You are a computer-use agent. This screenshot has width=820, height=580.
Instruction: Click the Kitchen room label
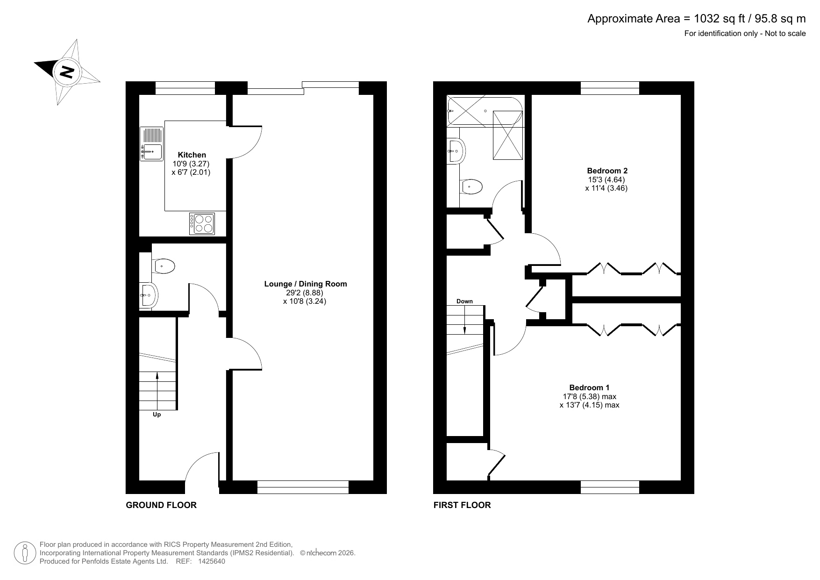(x=192, y=155)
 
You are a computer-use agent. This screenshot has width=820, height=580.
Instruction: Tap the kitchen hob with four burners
(x=202, y=223)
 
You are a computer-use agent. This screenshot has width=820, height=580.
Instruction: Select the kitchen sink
(x=152, y=144)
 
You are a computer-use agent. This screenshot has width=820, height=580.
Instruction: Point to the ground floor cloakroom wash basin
(x=149, y=295)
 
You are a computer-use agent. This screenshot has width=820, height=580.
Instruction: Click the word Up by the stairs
(x=157, y=415)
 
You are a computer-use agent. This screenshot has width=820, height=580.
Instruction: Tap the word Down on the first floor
(x=464, y=301)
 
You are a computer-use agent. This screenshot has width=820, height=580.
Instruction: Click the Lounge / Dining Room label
(x=306, y=284)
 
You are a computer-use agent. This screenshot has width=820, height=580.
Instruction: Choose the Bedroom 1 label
(x=589, y=387)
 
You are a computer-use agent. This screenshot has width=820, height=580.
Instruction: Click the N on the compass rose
(x=67, y=72)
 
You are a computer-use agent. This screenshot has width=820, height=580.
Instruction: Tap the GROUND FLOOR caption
(x=161, y=505)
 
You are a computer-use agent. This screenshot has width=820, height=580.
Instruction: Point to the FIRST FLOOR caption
(x=462, y=505)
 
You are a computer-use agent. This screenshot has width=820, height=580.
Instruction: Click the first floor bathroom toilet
(x=471, y=186)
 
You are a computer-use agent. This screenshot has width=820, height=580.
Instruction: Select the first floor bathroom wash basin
(x=456, y=151)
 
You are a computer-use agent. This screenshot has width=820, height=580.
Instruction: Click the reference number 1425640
(x=212, y=561)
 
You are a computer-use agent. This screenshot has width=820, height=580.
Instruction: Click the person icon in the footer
(x=25, y=553)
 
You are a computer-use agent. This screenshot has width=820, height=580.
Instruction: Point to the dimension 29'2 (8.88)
(x=305, y=293)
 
